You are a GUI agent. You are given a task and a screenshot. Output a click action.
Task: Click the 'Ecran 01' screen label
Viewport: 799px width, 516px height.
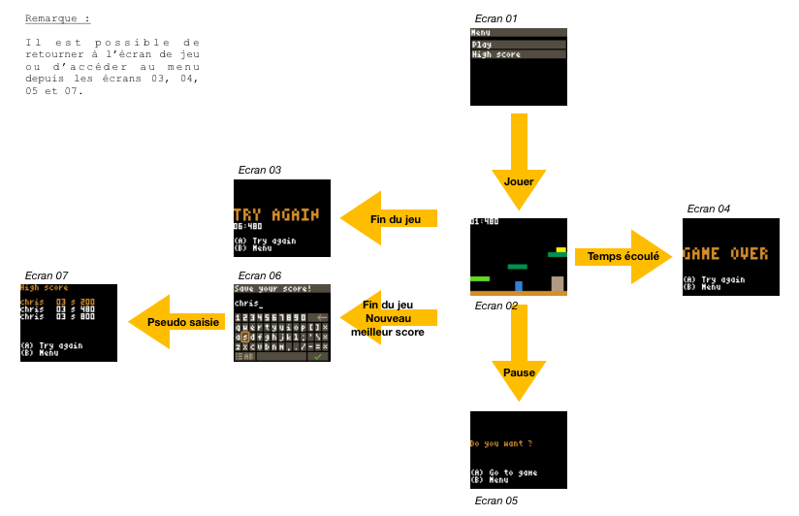[496, 18]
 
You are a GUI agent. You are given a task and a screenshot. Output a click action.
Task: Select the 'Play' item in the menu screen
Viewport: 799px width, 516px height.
[482, 45]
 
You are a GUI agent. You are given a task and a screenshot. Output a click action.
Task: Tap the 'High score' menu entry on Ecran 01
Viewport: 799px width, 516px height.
[495, 55]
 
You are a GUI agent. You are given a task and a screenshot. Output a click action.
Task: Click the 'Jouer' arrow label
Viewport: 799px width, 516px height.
[519, 181]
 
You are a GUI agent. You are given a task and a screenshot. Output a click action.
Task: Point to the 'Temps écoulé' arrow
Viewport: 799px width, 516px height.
[623, 257]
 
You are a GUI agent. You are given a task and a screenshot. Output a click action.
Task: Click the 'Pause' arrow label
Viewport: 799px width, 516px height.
[519, 371]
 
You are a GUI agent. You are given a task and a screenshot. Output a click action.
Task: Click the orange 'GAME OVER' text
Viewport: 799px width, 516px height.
[725, 254]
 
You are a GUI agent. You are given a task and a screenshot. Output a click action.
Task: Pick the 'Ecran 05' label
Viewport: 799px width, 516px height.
[496, 500]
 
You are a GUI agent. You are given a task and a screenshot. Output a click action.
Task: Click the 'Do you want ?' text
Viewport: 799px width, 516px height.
[501, 444]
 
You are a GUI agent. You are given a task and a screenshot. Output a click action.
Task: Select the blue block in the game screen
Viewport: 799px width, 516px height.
[519, 286]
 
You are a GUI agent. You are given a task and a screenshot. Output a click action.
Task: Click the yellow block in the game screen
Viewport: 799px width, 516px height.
[560, 249]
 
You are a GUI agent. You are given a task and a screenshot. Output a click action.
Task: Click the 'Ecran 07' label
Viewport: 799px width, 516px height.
[47, 276]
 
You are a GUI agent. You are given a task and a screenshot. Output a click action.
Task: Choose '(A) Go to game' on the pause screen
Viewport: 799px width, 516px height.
[503, 472]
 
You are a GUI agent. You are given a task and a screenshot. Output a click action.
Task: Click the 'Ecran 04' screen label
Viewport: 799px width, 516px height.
[708, 209]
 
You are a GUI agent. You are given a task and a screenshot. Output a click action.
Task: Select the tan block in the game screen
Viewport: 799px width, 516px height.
[558, 283]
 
